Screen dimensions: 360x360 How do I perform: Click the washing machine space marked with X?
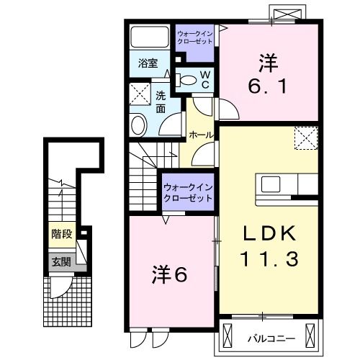pyautogui.click(x=139, y=94)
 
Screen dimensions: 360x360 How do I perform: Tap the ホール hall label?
pyautogui.click(x=200, y=135)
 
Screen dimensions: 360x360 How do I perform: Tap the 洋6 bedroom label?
pyautogui.click(x=170, y=274)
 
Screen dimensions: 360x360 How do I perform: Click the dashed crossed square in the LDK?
pyautogui.click(x=305, y=137)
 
